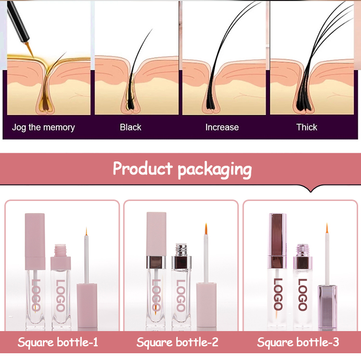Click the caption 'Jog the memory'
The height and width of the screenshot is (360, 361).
[x=43, y=127]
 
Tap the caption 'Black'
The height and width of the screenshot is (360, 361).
[x=130, y=127]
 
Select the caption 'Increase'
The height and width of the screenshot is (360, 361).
[x=222, y=127]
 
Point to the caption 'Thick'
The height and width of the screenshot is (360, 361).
[x=307, y=127]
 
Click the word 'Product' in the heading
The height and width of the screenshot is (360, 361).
[x=142, y=168]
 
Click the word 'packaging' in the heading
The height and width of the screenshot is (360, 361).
[x=215, y=170]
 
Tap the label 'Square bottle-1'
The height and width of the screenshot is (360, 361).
[x=58, y=342]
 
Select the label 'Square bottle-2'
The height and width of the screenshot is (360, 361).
[x=177, y=342]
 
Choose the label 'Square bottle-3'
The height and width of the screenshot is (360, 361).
[x=298, y=342]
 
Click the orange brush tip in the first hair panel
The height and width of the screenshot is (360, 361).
[x=29, y=49]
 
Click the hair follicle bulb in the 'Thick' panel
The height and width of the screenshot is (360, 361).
[x=304, y=104]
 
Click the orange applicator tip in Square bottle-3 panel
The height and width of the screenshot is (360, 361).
[x=327, y=227]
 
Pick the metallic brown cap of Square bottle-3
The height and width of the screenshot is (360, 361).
[x=277, y=241]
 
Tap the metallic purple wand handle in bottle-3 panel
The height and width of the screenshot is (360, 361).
[x=327, y=307]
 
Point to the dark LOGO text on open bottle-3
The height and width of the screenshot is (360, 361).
[x=303, y=294]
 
